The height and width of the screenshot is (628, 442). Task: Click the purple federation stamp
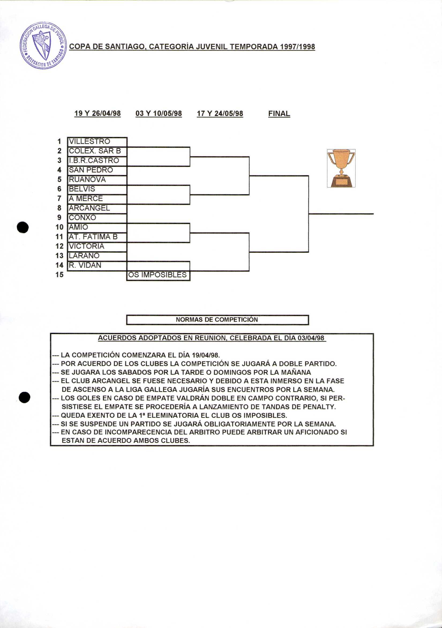coord(43,45)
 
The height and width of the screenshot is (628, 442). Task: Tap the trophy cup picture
coord(341,168)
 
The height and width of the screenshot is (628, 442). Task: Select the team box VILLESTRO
coord(97,142)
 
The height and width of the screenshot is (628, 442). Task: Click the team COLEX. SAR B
coord(97,151)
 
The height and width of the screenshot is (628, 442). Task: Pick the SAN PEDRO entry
coord(97,170)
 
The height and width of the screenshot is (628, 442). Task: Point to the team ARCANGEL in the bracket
coord(97,208)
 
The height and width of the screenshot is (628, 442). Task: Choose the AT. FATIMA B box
coord(97,237)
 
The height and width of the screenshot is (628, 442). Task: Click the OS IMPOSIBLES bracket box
coord(158,275)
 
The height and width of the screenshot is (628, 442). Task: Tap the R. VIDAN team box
coord(97,265)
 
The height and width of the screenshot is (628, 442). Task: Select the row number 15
coord(59,275)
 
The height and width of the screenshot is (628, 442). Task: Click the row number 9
coord(59,218)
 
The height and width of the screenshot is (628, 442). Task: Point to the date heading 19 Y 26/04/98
coord(98,113)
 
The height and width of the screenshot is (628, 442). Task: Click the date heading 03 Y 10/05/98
coord(159,113)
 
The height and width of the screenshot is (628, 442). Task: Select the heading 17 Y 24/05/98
coord(220,113)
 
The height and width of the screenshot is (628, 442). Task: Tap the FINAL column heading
coord(279,113)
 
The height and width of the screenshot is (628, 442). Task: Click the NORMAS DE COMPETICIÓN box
coord(217,320)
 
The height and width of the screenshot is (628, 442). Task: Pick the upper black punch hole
coord(23,227)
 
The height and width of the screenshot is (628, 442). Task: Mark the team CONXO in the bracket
coord(97,218)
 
